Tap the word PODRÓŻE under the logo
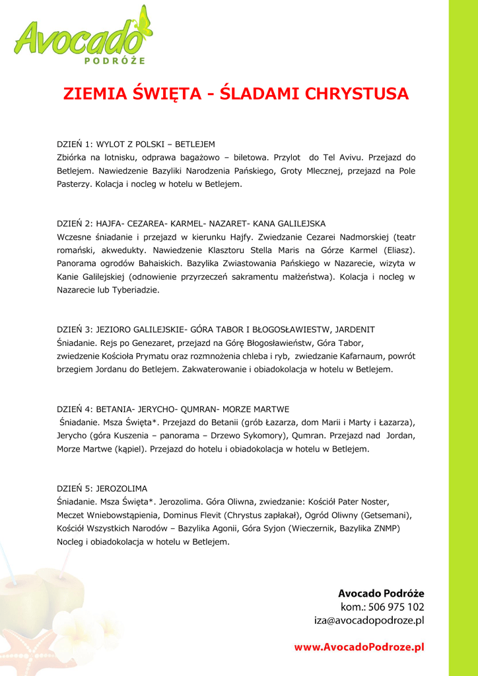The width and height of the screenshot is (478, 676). pos(116,61)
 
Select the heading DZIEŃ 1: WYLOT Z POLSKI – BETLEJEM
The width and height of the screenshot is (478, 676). pos(136,144)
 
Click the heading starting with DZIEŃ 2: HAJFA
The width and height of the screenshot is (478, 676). pos(191,224)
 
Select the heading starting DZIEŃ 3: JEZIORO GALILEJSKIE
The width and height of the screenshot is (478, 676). pos(216,329)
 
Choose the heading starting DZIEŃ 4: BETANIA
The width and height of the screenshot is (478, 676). pos(173,409)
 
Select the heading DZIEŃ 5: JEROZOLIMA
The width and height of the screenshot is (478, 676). pos(102,489)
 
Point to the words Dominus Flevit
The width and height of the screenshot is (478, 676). pos(192,515)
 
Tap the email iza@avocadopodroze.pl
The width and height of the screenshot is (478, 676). pos(368,621)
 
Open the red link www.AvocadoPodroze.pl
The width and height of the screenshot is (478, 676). pos(358,648)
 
